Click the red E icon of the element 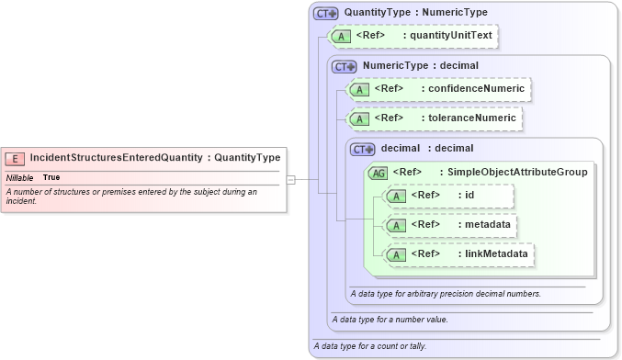point(17,158)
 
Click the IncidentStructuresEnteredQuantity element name point(116,158)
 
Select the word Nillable point(20,176)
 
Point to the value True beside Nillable point(51,176)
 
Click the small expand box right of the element point(290,180)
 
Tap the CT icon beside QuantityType point(326,13)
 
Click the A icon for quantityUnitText point(341,37)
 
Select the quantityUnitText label point(451,37)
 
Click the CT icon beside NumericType point(345,66)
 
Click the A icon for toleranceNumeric point(359,118)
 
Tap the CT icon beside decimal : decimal point(363,149)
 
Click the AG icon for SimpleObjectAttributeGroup point(378,172)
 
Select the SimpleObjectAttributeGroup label point(518,172)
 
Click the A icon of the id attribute point(396,196)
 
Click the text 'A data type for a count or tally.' point(369,346)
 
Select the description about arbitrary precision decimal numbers point(446,294)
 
